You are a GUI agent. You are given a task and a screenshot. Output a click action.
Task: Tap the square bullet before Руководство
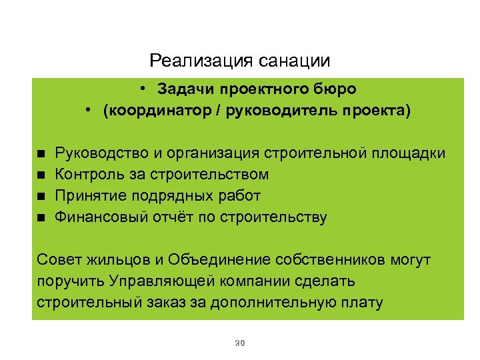41,154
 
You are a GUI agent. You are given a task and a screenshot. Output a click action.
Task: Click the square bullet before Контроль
41,175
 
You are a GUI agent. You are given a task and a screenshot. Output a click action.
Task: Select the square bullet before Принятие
41,196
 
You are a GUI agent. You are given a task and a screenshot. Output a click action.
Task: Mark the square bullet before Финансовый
41,217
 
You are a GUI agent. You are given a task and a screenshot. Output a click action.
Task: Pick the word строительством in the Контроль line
213,175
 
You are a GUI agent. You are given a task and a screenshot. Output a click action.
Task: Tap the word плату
363,303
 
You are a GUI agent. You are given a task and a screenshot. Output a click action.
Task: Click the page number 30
241,343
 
